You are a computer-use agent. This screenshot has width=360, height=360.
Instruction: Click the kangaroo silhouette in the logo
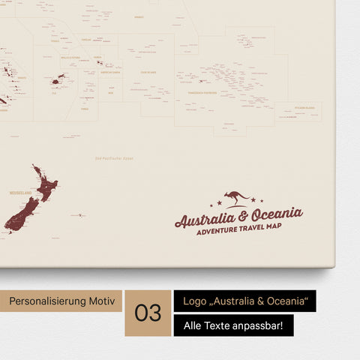click(x=238, y=198)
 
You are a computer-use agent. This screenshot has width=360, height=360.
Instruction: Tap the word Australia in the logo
click(x=205, y=219)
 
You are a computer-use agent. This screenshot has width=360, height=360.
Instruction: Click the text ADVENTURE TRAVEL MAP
click(x=239, y=229)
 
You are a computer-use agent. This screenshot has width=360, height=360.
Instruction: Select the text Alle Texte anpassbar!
click(x=233, y=325)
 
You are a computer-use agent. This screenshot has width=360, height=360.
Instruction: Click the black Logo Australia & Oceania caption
click(x=244, y=301)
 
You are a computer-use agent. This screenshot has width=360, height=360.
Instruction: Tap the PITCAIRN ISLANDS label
click(x=299, y=108)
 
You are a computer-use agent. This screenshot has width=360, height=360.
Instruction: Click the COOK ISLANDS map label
click(x=148, y=73)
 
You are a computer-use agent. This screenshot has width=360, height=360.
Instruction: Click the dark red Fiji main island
click(x=57, y=77)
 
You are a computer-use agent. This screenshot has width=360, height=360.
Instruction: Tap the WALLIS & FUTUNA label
click(x=70, y=56)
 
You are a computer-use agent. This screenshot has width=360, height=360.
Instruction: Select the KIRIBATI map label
click(x=139, y=16)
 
